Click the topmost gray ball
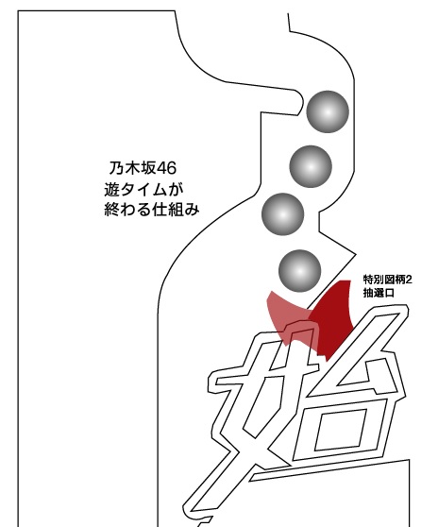point(328,111)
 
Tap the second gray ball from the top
point(311,166)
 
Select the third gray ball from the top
point(283,214)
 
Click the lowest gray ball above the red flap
point(300,271)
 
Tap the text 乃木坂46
point(143,168)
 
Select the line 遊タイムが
point(144,190)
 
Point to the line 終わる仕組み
point(152,210)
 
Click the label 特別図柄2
point(387,280)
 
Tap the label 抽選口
point(379,293)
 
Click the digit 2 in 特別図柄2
point(409,280)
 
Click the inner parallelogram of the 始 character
point(340,430)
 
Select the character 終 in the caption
point(111,210)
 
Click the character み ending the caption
point(193,210)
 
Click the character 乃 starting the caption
point(116,168)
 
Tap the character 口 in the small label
point(390,293)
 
